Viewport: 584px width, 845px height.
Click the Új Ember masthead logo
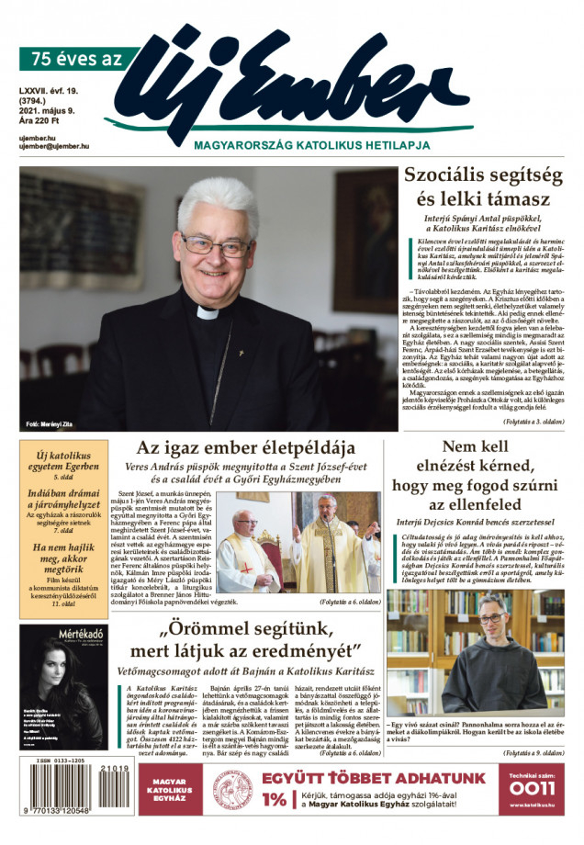[303, 83]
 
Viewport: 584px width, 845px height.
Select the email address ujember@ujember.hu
[54, 146]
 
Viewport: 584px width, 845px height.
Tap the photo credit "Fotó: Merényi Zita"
[55, 423]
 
